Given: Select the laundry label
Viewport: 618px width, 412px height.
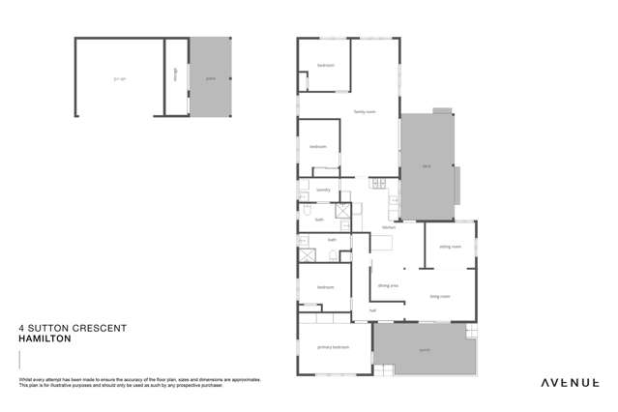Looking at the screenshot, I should [323, 190].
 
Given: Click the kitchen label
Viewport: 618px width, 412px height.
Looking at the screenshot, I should [388, 227].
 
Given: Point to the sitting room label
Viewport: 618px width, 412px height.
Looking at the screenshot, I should [450, 247].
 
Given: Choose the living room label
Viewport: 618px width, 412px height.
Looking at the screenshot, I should [441, 297].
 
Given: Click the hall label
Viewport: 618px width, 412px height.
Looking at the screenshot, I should [372, 310].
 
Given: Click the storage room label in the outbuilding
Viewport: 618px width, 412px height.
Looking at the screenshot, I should [175, 75].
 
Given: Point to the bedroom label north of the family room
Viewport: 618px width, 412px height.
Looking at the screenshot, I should [326, 66].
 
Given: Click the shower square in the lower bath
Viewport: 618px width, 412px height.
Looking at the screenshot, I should [307, 255].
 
